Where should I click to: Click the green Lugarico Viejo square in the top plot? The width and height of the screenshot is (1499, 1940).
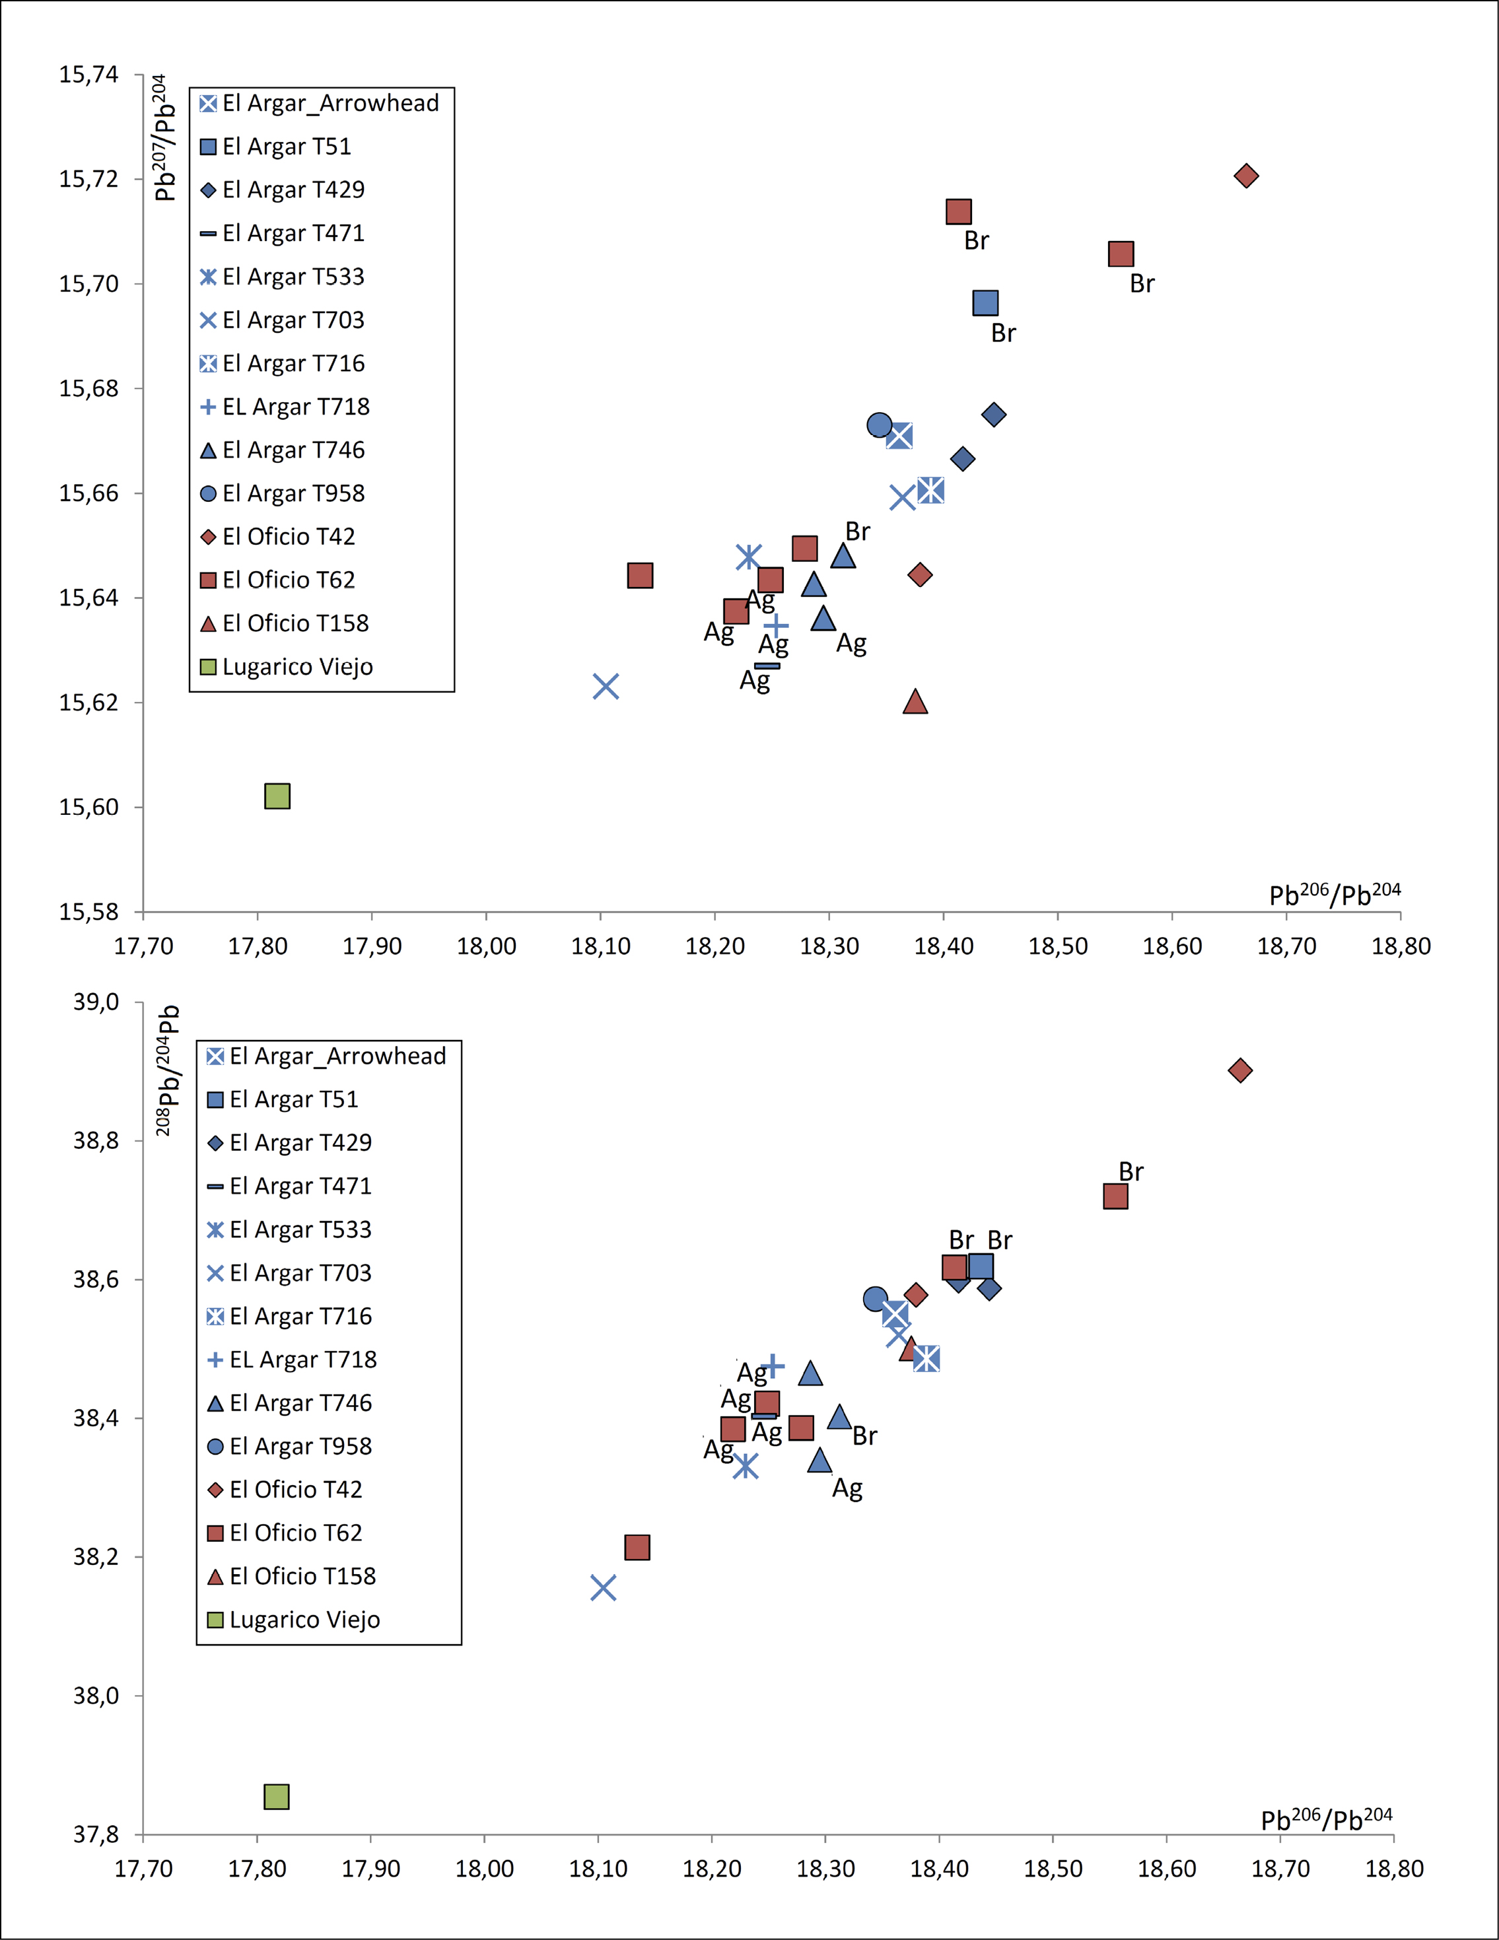click(277, 796)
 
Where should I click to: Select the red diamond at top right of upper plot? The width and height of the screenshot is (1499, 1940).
click(1246, 176)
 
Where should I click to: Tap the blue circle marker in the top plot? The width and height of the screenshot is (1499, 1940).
click(879, 425)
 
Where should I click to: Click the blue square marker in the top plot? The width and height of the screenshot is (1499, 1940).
click(985, 304)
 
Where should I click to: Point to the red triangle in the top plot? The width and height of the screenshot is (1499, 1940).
click(915, 703)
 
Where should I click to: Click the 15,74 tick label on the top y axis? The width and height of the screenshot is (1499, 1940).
click(89, 75)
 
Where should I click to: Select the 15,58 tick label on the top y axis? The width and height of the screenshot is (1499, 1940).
click(89, 913)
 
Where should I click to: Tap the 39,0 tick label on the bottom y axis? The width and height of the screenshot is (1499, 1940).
click(96, 1002)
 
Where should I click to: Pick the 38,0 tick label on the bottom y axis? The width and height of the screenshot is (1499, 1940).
click(96, 1696)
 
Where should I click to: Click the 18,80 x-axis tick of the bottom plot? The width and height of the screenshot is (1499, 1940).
click(1394, 1869)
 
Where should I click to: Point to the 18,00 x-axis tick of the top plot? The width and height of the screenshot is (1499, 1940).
click(486, 946)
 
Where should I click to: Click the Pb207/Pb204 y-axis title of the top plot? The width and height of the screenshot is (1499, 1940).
click(164, 138)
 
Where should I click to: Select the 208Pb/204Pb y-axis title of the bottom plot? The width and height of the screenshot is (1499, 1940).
click(168, 1070)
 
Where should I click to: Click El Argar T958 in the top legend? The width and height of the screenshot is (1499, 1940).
click(293, 494)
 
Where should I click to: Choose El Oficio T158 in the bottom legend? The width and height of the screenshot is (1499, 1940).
click(302, 1577)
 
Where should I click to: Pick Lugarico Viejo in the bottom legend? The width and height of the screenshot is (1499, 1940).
click(304, 1620)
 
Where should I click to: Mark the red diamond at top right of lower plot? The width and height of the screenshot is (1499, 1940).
click(1240, 1070)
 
